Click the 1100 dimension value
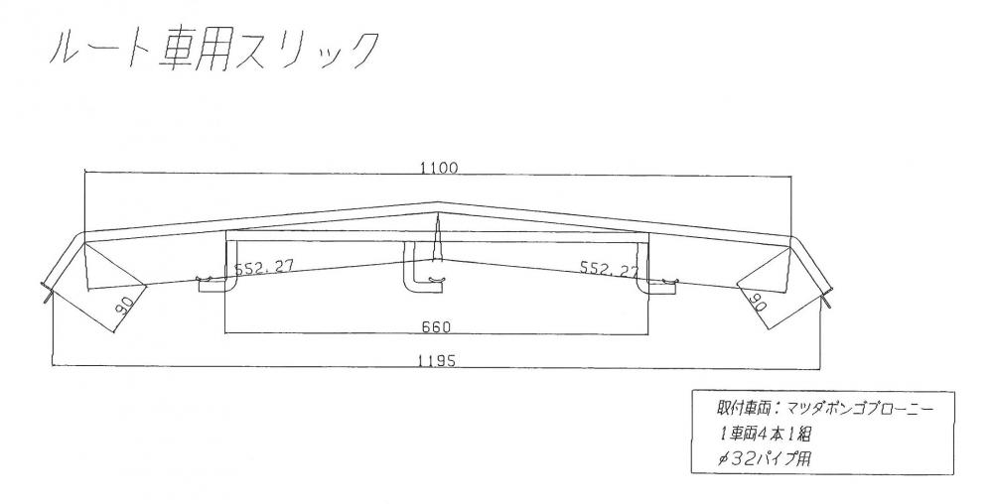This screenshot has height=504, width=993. (438, 168)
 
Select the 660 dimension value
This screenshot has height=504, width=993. (436, 327)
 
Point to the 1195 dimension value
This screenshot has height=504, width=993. (436, 360)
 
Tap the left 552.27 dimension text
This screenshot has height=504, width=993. (264, 267)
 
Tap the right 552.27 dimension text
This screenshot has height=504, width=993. (610, 269)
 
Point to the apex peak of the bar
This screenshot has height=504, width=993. (438, 202)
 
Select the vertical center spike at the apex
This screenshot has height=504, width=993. (437, 237)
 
